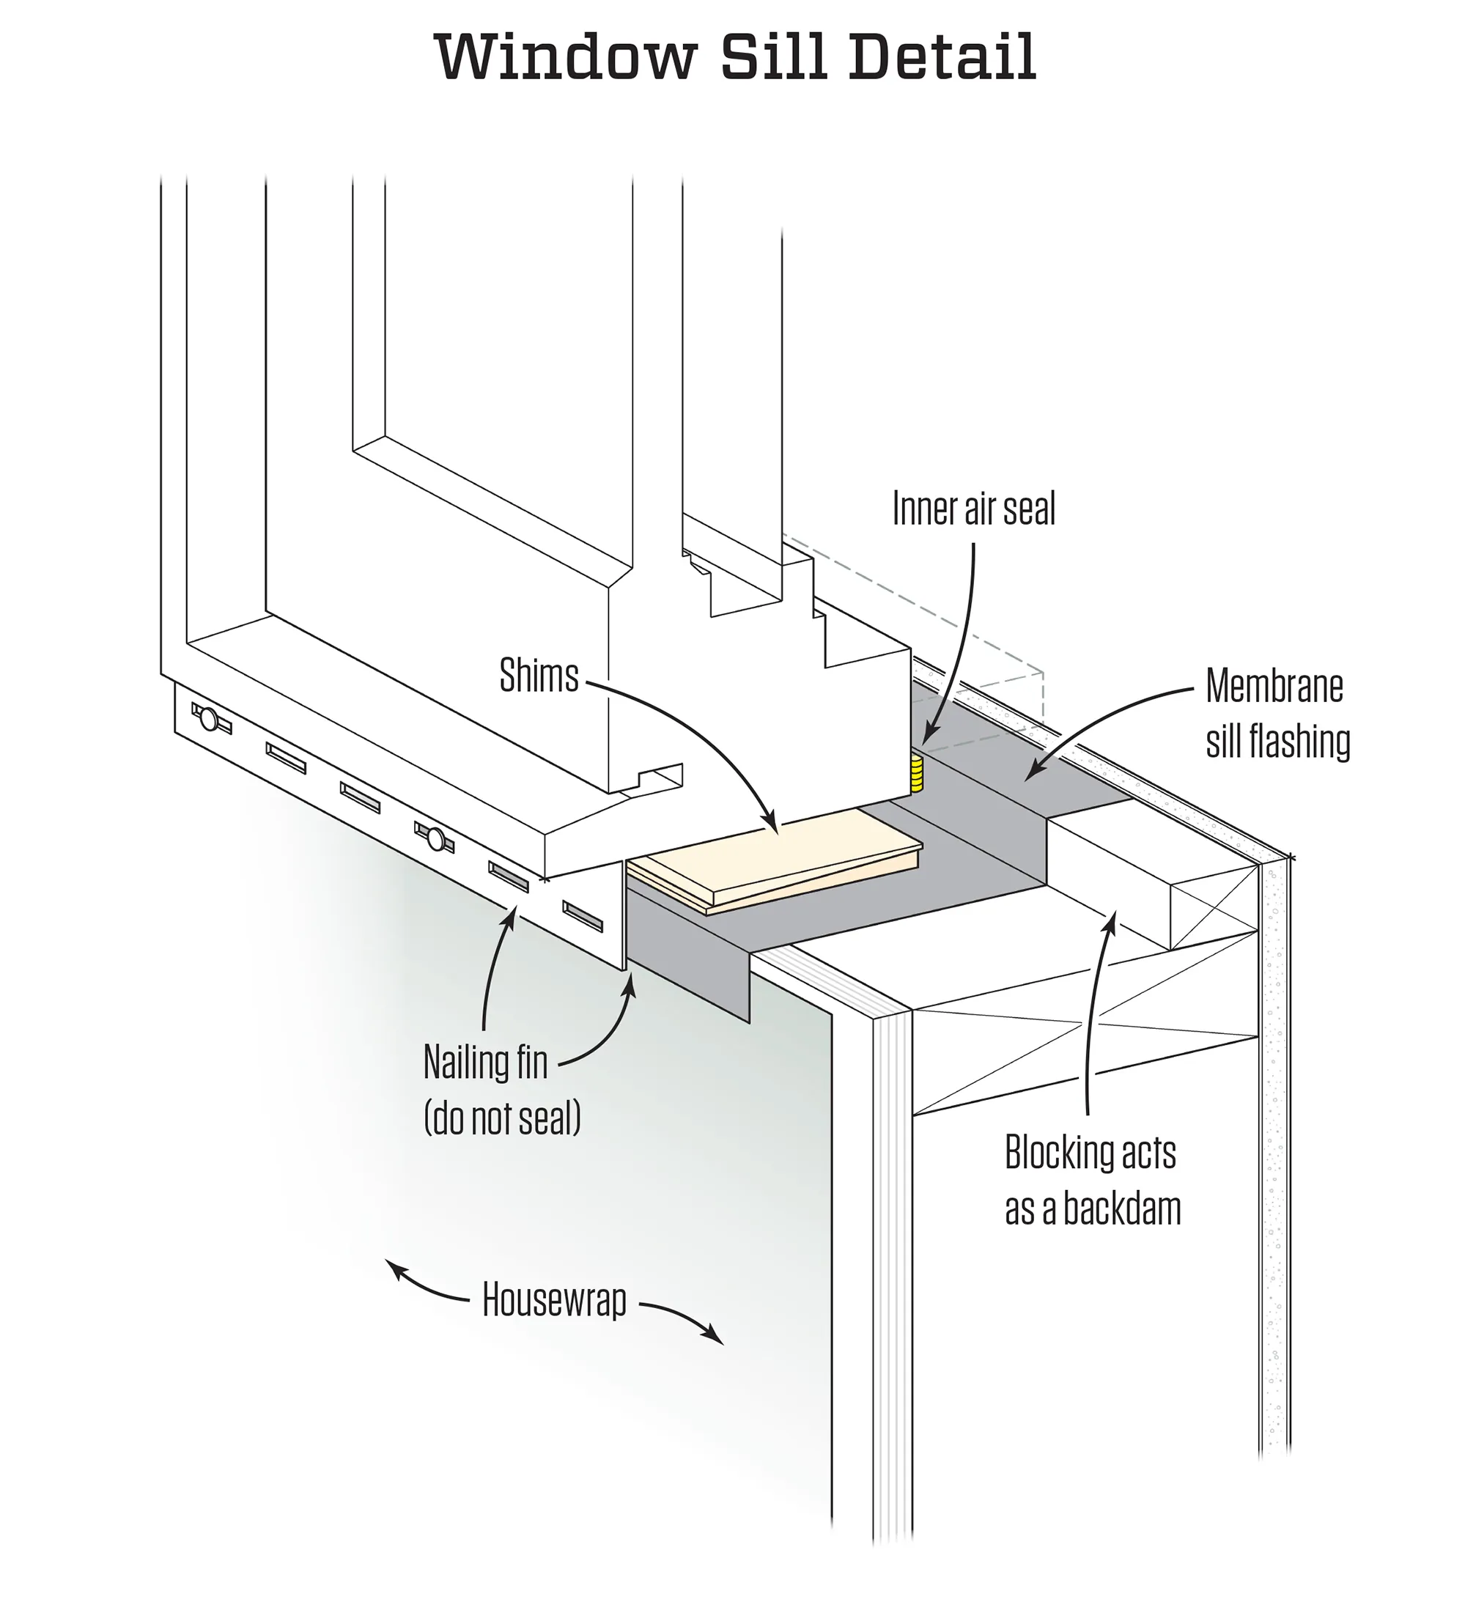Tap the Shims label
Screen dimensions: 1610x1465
[539, 676]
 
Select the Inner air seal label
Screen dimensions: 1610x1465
[973, 509]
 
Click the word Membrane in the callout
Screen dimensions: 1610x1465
[1273, 687]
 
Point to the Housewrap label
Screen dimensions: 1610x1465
[553, 1301]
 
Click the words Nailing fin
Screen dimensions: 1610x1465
[485, 1063]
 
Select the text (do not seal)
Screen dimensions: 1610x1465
[501, 1118]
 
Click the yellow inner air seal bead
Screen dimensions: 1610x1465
[916, 773]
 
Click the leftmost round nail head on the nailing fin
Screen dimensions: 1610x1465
[208, 719]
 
